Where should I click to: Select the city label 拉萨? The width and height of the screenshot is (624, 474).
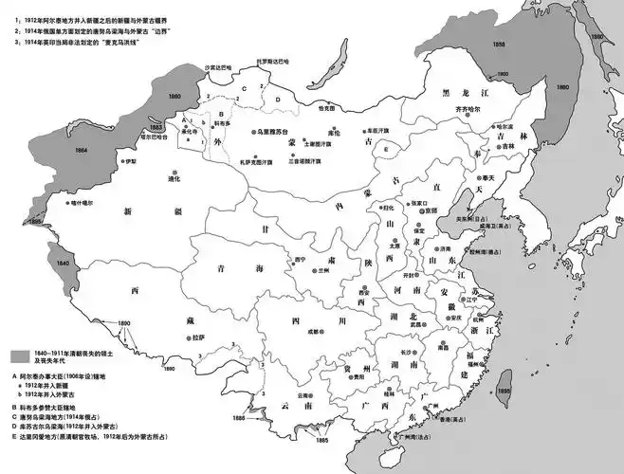point(196,337)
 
